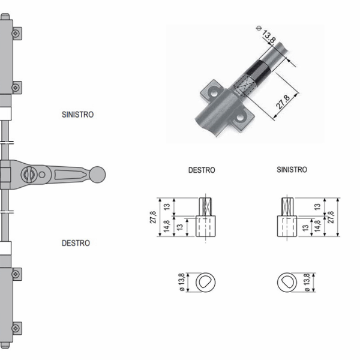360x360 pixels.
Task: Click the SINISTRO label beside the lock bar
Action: point(78,113)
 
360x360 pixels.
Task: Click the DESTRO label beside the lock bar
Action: point(76,243)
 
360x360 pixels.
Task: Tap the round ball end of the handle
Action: point(98,175)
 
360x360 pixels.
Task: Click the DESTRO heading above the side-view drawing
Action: point(202,170)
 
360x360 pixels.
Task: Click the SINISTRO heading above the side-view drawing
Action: point(292,170)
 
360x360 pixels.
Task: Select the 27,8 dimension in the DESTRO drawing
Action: point(153,217)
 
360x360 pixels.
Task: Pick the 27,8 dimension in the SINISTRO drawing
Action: point(333,217)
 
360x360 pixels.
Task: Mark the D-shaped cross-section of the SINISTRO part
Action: point(287,281)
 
